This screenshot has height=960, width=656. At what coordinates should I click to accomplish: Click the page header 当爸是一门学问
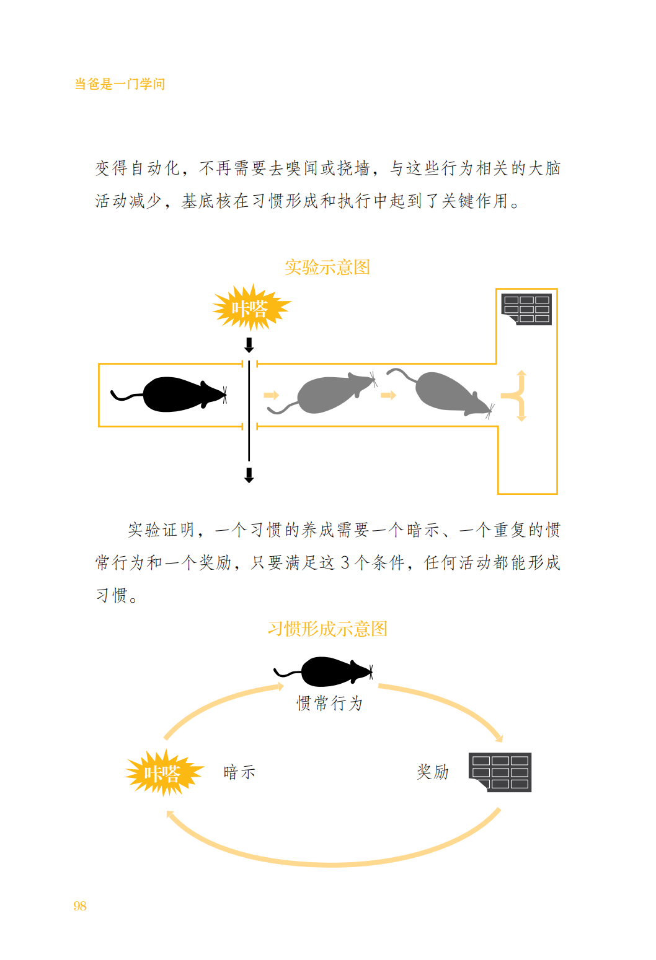click(x=120, y=84)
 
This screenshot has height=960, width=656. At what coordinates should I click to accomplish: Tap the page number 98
click(x=80, y=906)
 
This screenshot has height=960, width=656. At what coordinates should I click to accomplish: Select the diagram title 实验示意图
click(x=327, y=268)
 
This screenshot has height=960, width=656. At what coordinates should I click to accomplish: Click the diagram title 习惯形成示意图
click(x=327, y=629)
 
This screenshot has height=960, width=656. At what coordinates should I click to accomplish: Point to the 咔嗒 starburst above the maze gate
click(x=250, y=308)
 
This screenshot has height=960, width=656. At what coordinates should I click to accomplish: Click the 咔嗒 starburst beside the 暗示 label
click(x=163, y=772)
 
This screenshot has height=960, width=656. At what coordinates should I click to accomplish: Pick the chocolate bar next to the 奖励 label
click(x=500, y=772)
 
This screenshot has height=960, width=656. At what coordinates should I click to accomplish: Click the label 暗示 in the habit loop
click(x=239, y=772)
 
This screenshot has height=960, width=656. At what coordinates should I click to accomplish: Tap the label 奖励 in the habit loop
click(x=433, y=772)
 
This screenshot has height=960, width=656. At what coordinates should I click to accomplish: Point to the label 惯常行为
click(x=329, y=704)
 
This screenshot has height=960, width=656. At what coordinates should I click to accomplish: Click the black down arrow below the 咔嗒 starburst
click(x=249, y=345)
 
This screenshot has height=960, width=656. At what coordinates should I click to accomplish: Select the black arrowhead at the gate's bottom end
click(x=249, y=476)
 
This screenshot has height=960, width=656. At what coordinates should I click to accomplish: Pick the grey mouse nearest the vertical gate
click(x=329, y=394)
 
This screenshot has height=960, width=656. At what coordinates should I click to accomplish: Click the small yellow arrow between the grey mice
click(x=389, y=395)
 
